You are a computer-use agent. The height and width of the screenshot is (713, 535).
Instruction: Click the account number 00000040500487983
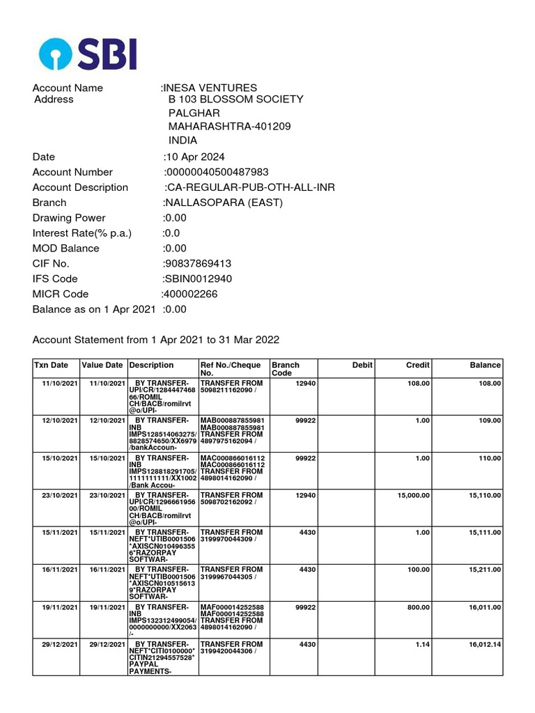217,172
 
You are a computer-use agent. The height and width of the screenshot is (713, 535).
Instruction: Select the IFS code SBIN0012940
199,279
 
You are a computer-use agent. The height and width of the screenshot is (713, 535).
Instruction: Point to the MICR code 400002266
190,294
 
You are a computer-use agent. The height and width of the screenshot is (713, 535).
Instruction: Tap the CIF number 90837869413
198,264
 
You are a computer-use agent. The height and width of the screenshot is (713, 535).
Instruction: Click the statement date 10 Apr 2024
195,157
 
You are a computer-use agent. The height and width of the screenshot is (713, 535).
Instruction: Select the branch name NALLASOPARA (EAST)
224,203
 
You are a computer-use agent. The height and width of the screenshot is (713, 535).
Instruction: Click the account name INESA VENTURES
210,88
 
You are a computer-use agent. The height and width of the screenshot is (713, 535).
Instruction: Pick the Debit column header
362,365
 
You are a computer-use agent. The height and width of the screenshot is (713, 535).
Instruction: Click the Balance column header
485,365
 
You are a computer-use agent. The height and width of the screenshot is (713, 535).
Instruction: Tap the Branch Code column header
286,369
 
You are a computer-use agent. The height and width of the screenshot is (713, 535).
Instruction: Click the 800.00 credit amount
418,607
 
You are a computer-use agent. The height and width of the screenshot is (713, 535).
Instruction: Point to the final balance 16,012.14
484,645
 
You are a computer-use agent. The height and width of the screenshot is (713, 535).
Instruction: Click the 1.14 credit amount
421,645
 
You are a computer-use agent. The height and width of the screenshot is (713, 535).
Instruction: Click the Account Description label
80,187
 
